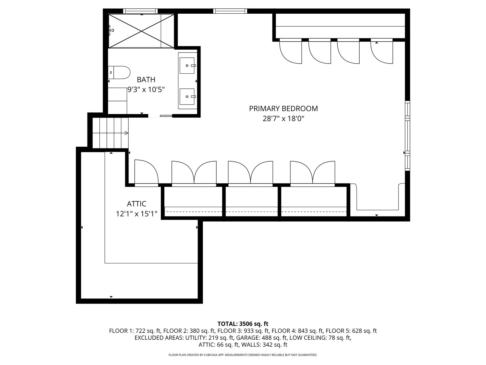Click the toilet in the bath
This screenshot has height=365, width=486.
coord(119,72)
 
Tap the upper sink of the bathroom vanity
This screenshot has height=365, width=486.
coord(187,66)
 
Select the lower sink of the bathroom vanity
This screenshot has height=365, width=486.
coord(187,97)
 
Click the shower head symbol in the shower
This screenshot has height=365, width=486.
coord(111,30)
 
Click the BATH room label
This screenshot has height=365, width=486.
coord(146,80)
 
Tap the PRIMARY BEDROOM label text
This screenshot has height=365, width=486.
coord(283,109)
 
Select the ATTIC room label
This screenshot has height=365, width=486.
coord(136,204)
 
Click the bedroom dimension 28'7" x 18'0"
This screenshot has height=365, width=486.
coord(283,119)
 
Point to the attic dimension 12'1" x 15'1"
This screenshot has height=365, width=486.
coord(136,214)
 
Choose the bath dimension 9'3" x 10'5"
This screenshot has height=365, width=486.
coord(146,89)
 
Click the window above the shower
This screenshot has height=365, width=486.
coord(140,11)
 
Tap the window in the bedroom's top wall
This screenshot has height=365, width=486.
coord(230,11)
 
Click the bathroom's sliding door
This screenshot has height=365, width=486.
coord(166,116)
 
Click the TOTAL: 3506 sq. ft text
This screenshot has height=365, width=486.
coord(243,324)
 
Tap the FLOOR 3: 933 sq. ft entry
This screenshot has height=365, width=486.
coord(244,331)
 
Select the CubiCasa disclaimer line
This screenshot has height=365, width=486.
coord(243,355)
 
